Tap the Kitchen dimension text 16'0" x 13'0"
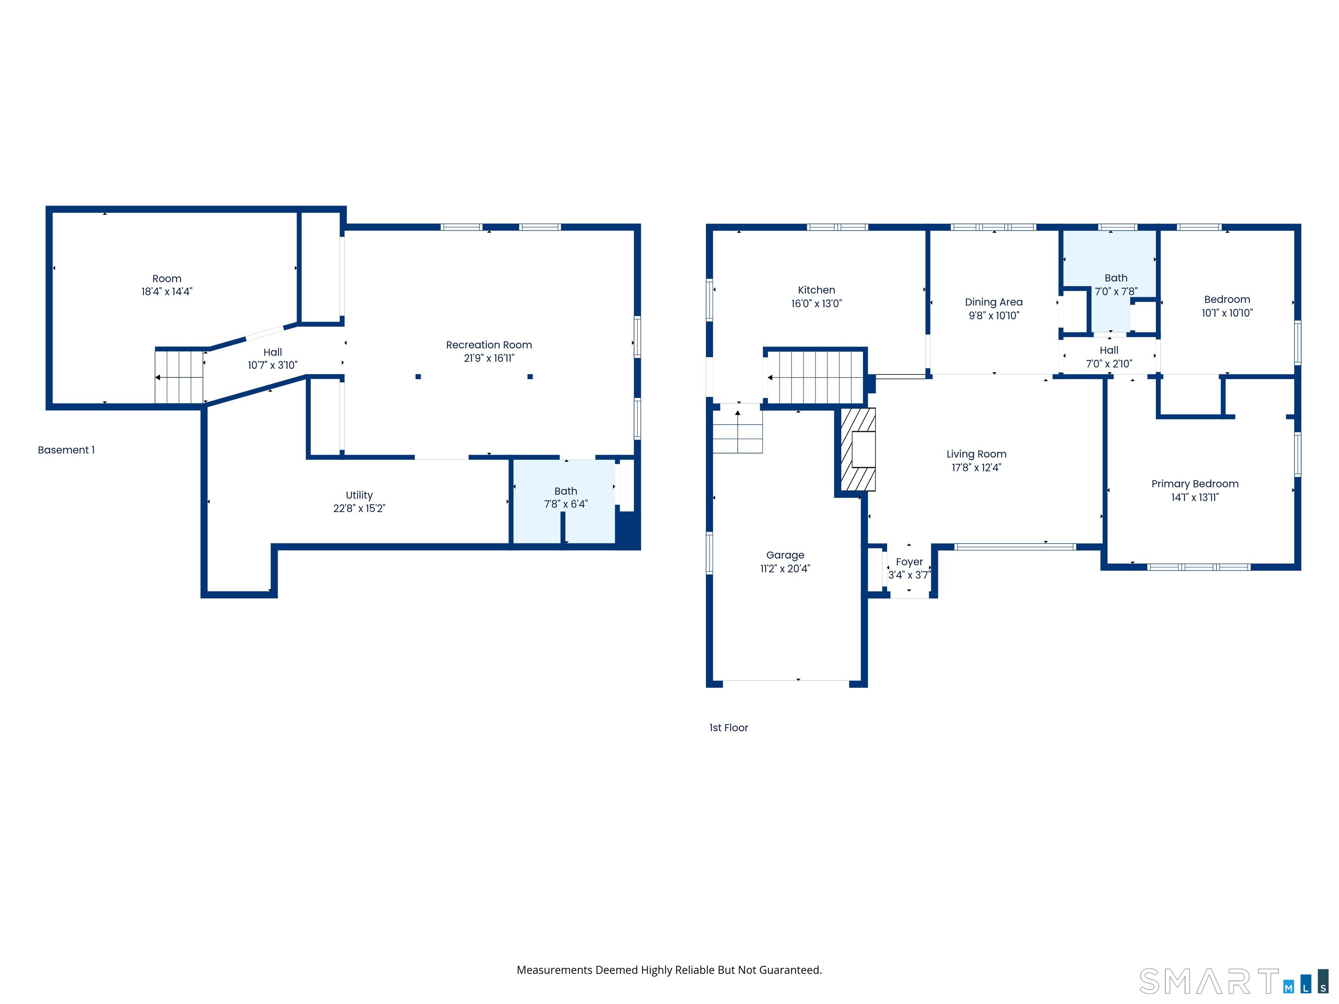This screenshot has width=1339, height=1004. [x=816, y=304]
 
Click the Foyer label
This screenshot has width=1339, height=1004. [x=909, y=562]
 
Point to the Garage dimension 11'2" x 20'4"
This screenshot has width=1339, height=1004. [x=785, y=569]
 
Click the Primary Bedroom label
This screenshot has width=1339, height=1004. [x=1194, y=484]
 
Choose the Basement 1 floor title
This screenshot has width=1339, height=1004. [x=66, y=450]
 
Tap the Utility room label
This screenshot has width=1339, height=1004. [x=359, y=495]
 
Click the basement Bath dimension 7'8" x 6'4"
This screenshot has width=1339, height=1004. [x=565, y=504]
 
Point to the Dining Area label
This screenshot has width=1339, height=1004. [x=993, y=302]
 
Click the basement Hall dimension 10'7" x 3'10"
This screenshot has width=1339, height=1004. [x=272, y=365]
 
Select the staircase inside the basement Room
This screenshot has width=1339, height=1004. [x=179, y=377]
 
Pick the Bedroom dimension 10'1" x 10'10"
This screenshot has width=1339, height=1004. [x=1227, y=313]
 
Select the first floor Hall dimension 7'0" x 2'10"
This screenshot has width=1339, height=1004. [x=1108, y=364]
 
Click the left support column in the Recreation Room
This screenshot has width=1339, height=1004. [x=418, y=376]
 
